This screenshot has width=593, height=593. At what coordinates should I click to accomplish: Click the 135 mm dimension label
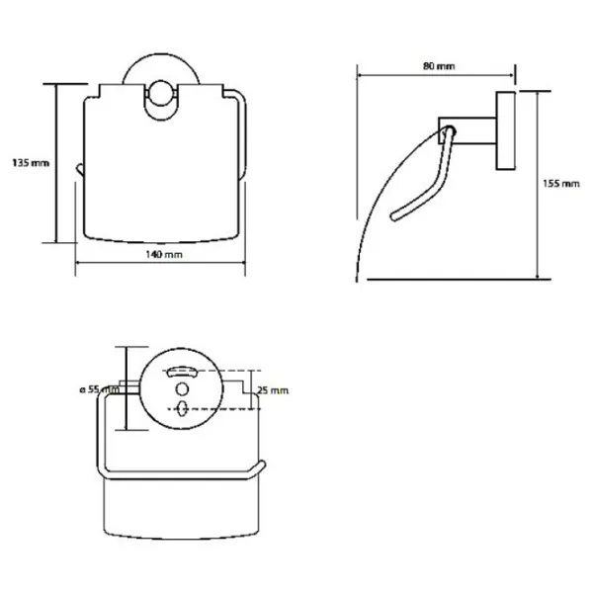point(31,163)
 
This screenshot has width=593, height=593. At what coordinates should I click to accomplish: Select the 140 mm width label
point(164,254)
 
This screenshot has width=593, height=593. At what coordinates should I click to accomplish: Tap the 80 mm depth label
point(439,66)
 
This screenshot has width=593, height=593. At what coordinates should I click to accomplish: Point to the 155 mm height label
point(561,184)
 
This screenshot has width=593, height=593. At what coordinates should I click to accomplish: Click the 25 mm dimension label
point(273,390)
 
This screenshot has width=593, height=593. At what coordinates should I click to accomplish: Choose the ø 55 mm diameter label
point(100,389)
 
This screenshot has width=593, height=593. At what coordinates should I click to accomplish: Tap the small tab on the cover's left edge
point(79,169)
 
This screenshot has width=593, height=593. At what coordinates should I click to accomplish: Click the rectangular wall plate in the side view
point(506,130)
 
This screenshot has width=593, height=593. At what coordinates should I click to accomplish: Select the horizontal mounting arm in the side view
point(467,130)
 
